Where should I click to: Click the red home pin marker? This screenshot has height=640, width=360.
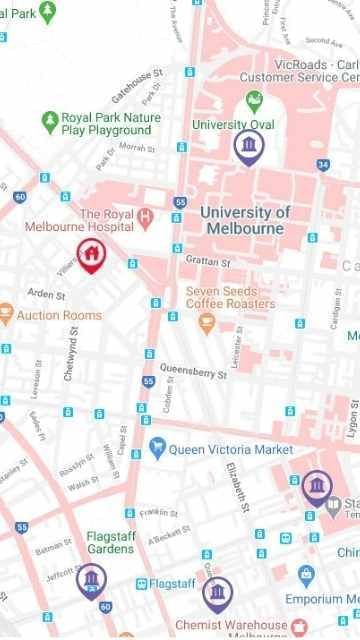[x=90, y=253]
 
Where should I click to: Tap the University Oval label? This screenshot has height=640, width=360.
[x=232, y=125]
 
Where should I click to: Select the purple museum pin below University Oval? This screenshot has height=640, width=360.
[x=248, y=148]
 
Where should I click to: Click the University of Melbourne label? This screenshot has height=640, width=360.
[x=245, y=220]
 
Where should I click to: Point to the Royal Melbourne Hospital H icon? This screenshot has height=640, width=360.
[x=147, y=216]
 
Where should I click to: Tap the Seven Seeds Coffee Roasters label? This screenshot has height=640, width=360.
[x=230, y=297]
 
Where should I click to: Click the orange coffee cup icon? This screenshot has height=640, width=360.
[x=208, y=322]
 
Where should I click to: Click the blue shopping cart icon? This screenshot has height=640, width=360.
[x=156, y=448]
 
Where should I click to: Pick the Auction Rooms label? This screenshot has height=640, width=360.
[x=59, y=316]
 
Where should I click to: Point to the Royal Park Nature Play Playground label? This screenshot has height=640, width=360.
[x=106, y=123]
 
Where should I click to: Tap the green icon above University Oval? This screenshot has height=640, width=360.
[x=254, y=101]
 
